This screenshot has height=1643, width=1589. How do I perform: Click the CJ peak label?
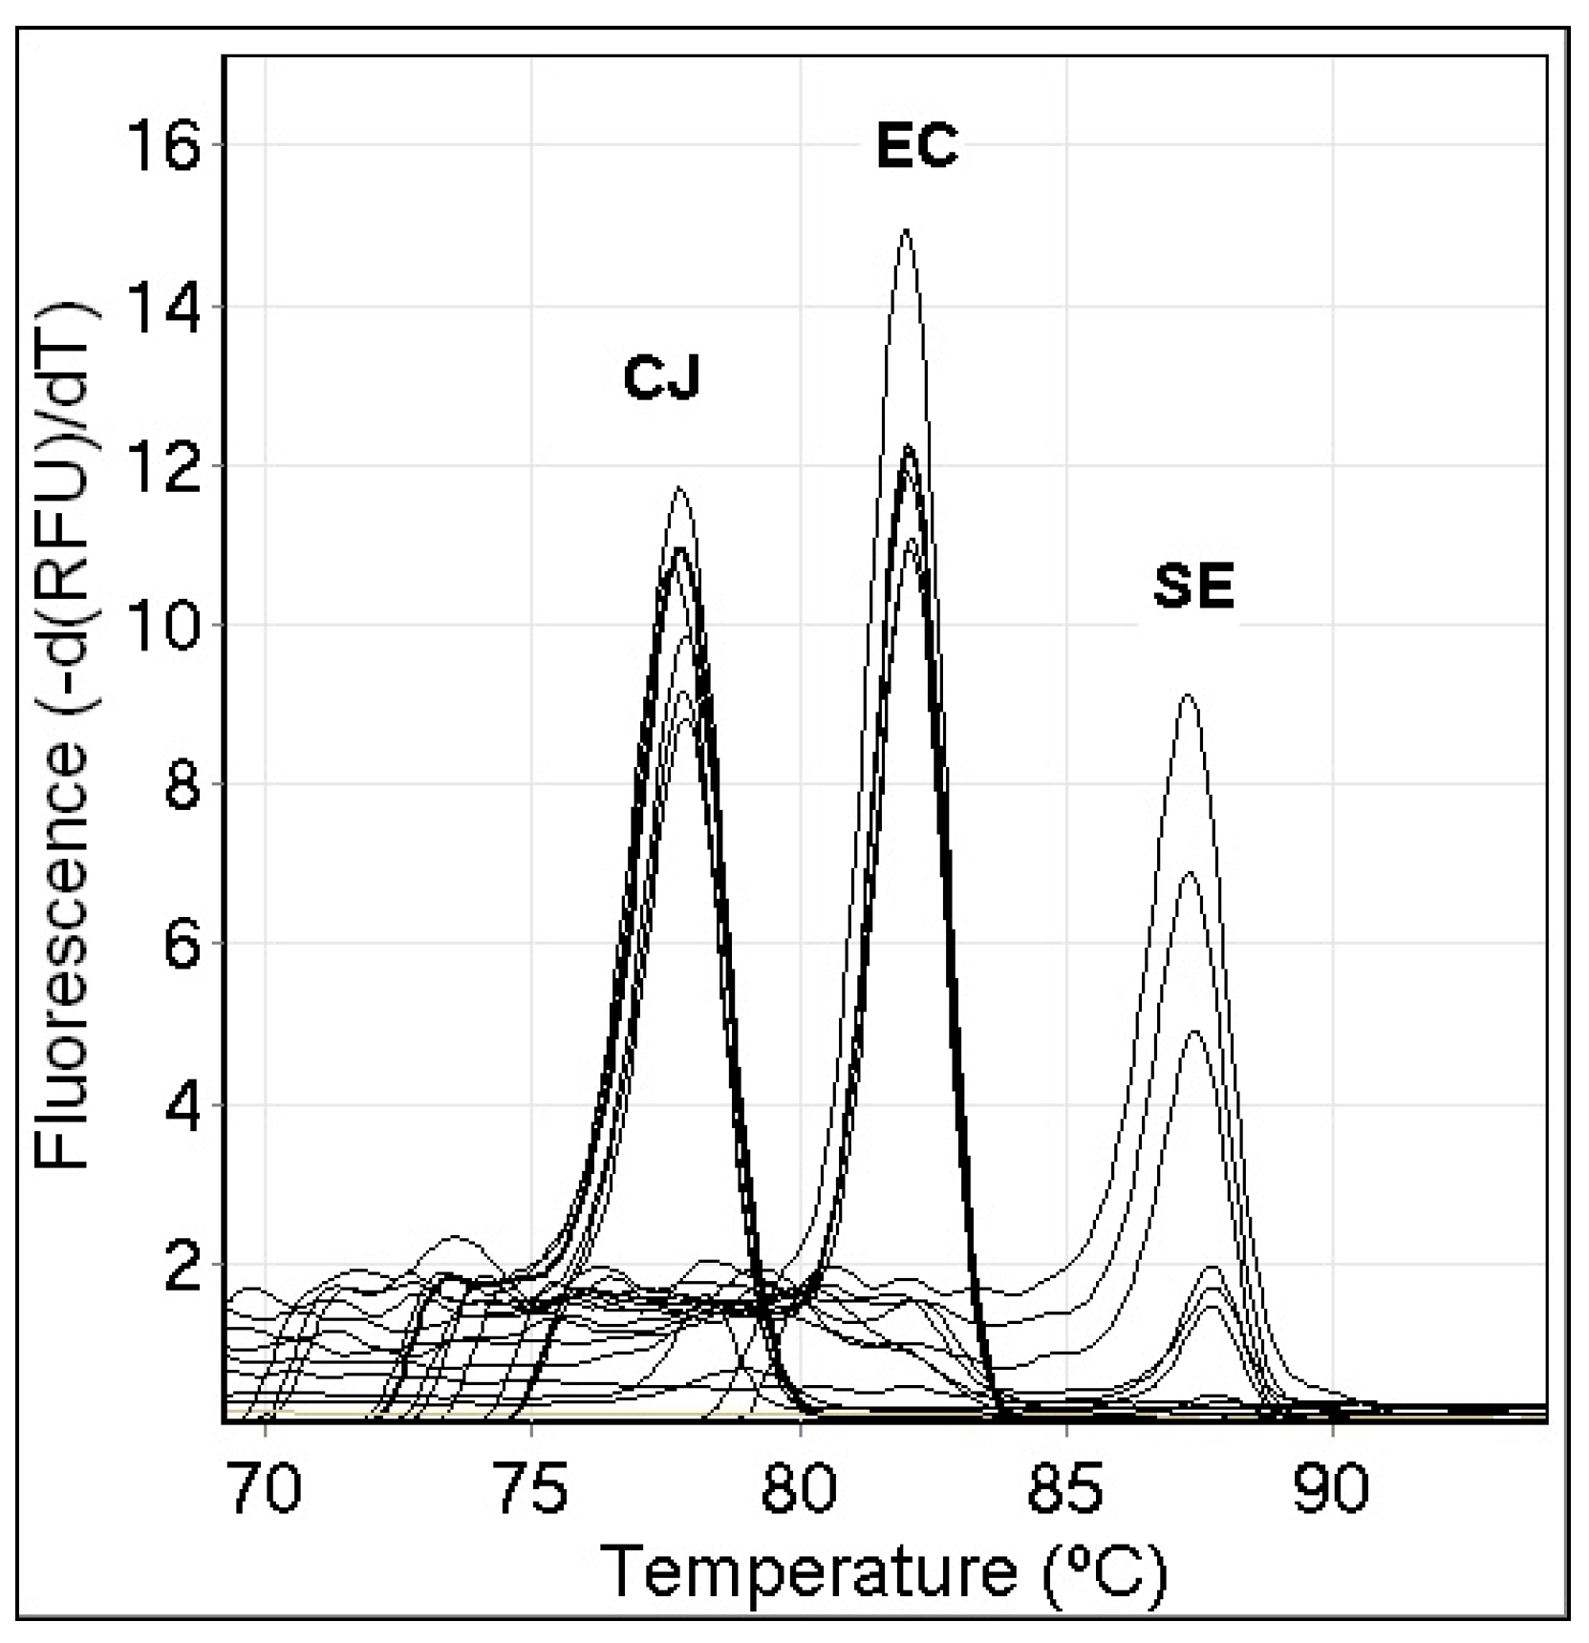[x=661, y=377]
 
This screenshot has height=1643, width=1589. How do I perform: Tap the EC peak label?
[x=916, y=147]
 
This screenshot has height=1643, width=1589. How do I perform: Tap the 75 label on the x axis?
[x=532, y=1489]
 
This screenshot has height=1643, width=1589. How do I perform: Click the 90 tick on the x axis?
[x=1332, y=1489]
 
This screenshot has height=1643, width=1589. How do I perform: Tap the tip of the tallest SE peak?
[x=1188, y=695]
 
